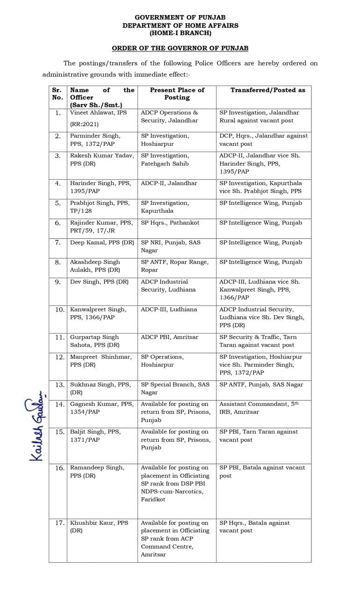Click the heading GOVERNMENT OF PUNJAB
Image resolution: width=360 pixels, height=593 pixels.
point(180,17)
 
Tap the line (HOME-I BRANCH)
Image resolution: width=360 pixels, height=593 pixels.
point(180,33)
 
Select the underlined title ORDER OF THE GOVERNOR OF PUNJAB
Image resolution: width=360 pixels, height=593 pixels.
point(180,48)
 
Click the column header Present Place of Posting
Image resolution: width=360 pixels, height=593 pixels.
point(177,94)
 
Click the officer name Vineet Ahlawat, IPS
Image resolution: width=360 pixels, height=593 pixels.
point(98,113)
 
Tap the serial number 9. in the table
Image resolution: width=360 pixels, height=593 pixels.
point(58,282)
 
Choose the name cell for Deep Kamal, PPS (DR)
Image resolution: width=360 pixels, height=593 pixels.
point(102,243)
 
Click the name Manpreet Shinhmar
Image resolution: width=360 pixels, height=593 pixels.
point(98,357)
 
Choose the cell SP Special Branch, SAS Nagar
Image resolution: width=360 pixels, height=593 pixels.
point(175,389)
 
